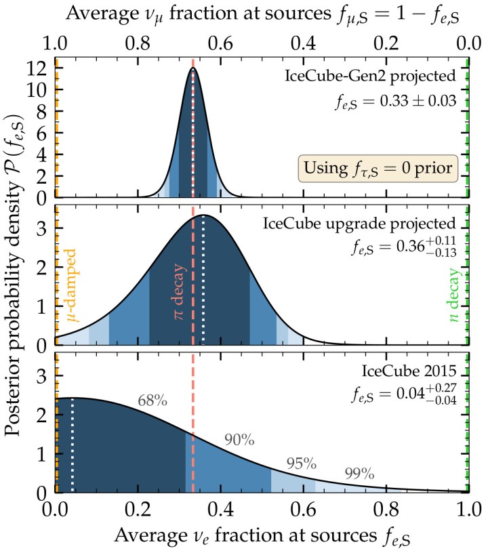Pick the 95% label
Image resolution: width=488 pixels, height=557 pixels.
302,464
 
